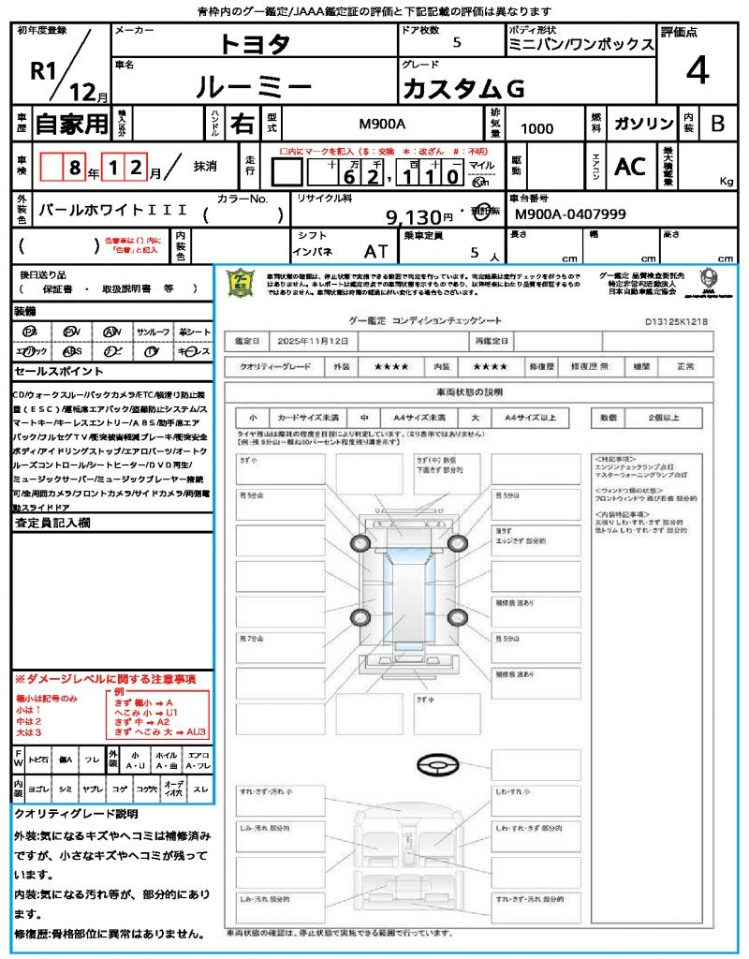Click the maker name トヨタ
click(255, 44)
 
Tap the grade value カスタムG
click(463, 88)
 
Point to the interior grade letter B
click(717, 124)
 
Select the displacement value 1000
click(536, 128)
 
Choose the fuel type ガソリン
click(643, 124)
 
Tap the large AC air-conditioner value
click(630, 167)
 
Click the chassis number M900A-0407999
click(571, 214)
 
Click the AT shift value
click(376, 250)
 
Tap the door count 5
click(456, 42)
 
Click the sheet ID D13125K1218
click(676, 321)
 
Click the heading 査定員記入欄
click(51, 523)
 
